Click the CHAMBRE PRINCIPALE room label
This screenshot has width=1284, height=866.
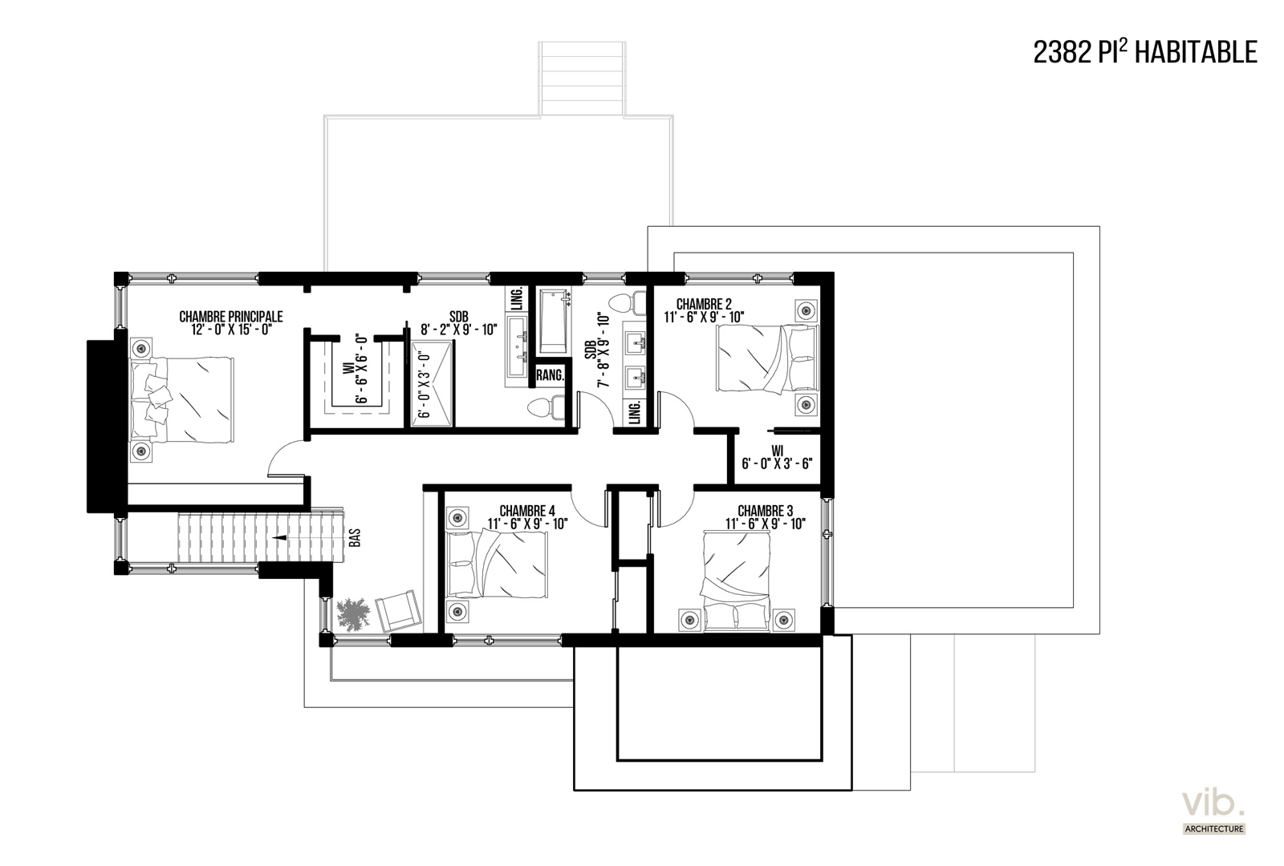click(231, 316)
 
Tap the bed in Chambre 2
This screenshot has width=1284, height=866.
click(767, 358)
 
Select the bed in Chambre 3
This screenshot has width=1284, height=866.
click(736, 581)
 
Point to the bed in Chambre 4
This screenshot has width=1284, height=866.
click(497, 564)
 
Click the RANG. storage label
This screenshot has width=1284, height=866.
click(550, 376)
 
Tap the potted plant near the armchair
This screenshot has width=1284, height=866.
click(354, 614)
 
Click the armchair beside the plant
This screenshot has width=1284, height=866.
click(398, 611)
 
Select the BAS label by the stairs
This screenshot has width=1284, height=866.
click(355, 537)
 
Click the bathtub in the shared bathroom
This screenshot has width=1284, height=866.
click(554, 322)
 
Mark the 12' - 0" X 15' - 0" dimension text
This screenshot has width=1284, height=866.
click(231, 330)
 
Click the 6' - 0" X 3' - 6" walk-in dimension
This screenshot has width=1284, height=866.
click(778, 464)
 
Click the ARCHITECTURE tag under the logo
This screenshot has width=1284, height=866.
click(1214, 829)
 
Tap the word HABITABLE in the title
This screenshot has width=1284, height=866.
click(1197, 52)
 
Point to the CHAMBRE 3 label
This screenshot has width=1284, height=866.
click(766, 510)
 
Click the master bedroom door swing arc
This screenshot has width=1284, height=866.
click(284, 455)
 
